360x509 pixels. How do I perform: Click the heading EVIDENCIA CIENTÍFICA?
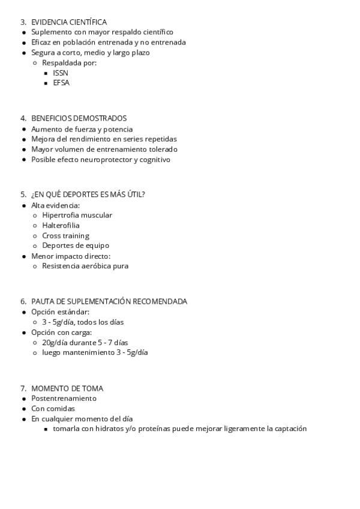[x=69, y=22]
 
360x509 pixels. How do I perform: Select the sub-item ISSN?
[x=61, y=73]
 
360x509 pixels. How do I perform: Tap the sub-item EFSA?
[x=61, y=83]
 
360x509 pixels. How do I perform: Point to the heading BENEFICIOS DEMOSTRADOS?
[x=79, y=118]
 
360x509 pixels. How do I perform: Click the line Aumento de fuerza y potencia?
[x=82, y=129]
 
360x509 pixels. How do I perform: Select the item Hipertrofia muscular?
[x=77, y=215]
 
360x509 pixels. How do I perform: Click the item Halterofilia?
[x=61, y=225]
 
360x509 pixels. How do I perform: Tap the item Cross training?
[x=65, y=235]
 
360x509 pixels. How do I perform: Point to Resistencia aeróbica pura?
[x=85, y=266]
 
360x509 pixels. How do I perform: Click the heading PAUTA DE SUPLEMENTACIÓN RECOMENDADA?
[x=109, y=301]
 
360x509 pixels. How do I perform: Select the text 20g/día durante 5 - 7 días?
[x=85, y=342]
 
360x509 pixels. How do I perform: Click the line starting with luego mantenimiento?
[x=95, y=352]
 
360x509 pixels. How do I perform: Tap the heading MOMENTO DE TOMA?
[x=67, y=388]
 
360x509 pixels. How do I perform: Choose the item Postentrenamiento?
[x=64, y=399]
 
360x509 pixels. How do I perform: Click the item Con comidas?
[x=53, y=409]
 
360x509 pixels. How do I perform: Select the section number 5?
[x=23, y=194]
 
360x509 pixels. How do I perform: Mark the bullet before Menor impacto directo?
[x=23, y=256]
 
